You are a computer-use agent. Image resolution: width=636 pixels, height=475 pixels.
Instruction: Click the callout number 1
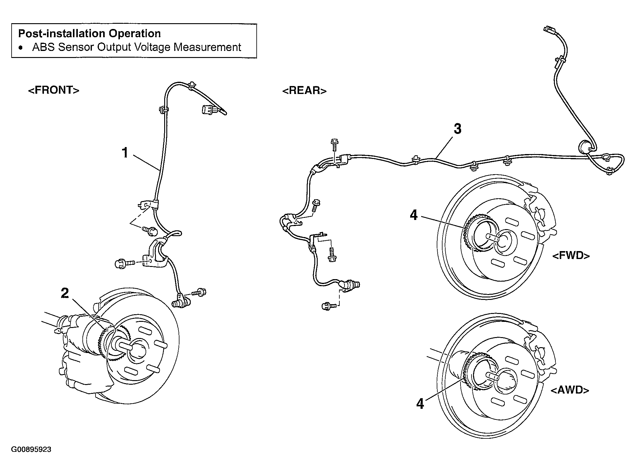coord(125,153)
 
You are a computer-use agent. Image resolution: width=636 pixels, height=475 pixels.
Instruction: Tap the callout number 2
coord(65,293)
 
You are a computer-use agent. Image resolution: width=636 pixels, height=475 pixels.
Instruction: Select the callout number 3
coord(457,129)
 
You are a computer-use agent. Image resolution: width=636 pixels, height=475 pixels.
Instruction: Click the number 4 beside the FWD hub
coord(414,215)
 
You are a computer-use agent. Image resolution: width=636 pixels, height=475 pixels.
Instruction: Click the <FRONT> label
coord(54,90)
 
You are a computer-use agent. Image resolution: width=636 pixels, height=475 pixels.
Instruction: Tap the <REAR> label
coord(305,91)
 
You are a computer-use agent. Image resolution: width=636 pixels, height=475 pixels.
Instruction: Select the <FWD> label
coord(571,255)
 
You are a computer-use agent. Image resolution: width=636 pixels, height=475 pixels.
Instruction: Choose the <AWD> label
coord(570,390)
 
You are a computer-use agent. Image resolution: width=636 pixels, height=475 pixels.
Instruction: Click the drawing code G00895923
coord(31,449)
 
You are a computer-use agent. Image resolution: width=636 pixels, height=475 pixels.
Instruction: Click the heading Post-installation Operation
coord(89,33)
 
